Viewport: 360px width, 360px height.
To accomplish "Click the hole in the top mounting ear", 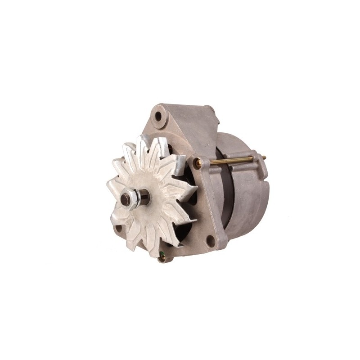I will pos(158,117).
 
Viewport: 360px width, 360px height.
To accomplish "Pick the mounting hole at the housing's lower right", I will pos(210,241).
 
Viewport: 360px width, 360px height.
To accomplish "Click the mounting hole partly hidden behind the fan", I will pos(118,229).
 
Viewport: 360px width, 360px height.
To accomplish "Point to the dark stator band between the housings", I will pos(227,189).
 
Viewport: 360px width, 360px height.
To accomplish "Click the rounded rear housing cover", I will pos(250,198).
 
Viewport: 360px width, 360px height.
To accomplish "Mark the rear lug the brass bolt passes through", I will pos(259,165).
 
